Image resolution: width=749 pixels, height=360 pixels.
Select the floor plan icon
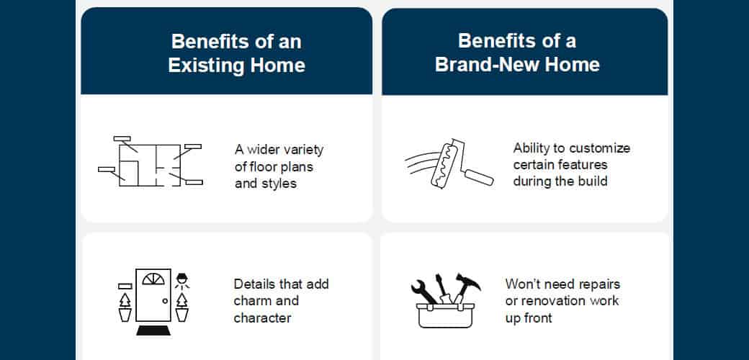(x=151, y=161)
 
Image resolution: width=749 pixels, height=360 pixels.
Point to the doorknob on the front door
(x=165, y=300)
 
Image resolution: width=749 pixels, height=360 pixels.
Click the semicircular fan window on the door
(x=153, y=280)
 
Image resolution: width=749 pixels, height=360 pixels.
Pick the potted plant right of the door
(x=182, y=307)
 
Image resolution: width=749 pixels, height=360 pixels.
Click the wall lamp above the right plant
(x=182, y=279)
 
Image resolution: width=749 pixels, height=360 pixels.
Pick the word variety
(x=302, y=150)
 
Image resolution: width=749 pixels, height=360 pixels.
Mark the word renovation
(x=569, y=300)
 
